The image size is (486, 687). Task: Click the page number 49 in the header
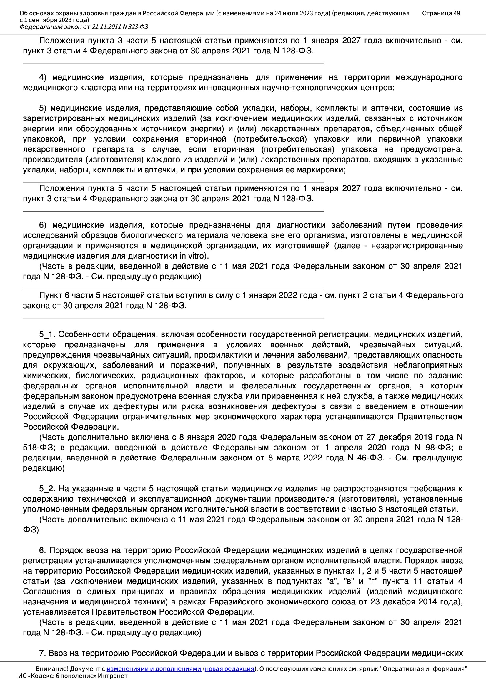coord(456,13)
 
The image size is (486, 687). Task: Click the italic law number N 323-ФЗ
coord(135,27)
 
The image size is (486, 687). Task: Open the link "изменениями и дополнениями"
coord(154,669)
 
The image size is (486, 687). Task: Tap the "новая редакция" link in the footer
coord(229,669)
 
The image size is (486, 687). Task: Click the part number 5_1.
coord(47,334)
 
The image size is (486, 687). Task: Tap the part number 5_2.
coord(47,489)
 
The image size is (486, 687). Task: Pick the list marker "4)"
coord(43,77)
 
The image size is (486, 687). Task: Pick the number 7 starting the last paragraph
coord(42,653)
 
